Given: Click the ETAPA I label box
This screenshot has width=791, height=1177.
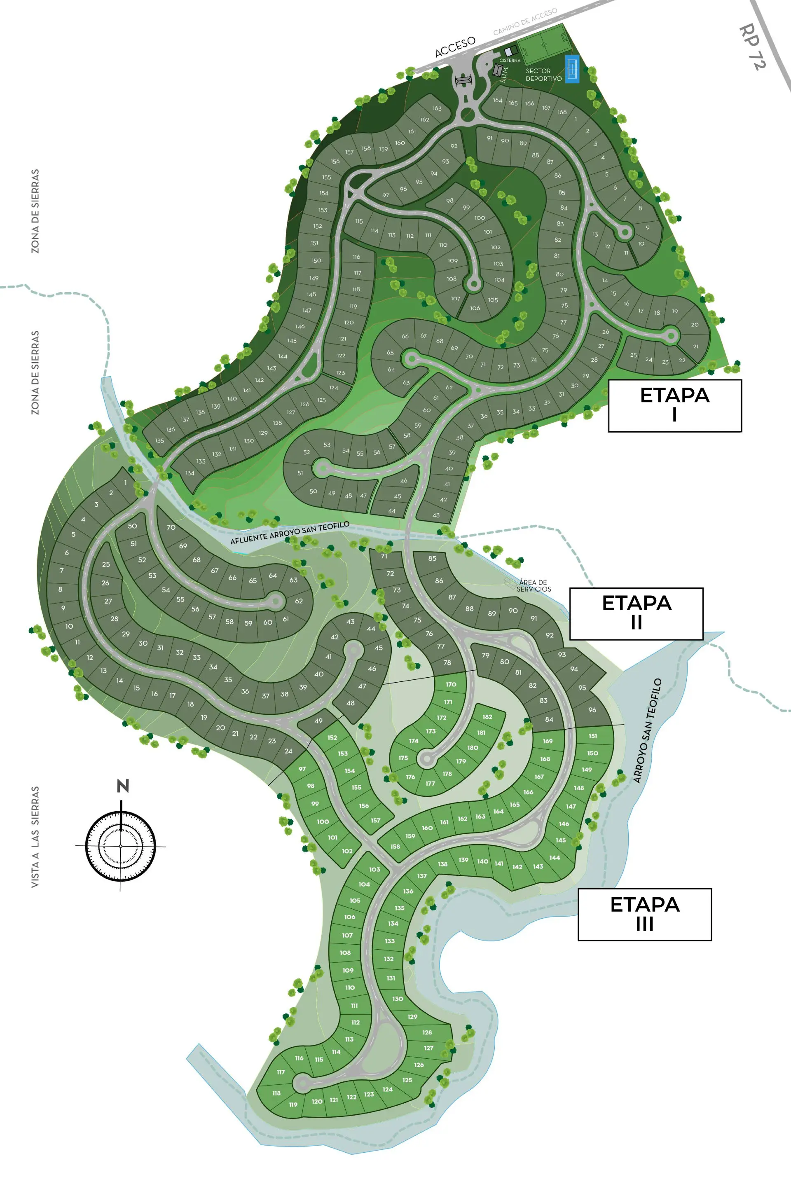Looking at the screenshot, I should click(x=674, y=406).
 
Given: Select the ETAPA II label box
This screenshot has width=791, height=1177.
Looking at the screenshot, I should click(x=636, y=613).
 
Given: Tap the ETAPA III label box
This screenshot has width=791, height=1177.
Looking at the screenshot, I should click(x=644, y=914).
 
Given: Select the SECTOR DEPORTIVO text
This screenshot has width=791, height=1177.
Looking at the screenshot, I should click(x=543, y=75).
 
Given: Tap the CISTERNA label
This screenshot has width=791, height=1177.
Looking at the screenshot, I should click(x=510, y=61).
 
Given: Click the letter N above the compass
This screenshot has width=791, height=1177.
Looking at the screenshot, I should click(x=123, y=786).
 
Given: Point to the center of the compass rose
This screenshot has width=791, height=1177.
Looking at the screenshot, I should click(x=121, y=845).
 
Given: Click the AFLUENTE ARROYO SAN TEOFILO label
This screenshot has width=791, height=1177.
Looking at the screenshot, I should click(x=290, y=533).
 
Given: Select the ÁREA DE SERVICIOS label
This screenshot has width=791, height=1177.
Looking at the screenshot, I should click(x=534, y=586).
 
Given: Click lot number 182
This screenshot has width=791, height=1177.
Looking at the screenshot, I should click(x=487, y=717).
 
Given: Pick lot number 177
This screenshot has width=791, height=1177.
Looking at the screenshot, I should click(x=430, y=784).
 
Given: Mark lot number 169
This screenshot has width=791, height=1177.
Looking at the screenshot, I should click(x=548, y=741).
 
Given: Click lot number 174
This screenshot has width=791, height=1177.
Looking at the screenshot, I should click(x=413, y=741).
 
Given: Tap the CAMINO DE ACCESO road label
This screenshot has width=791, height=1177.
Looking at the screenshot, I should click(x=525, y=22).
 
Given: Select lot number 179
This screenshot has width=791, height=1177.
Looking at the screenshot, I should click(x=461, y=761).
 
